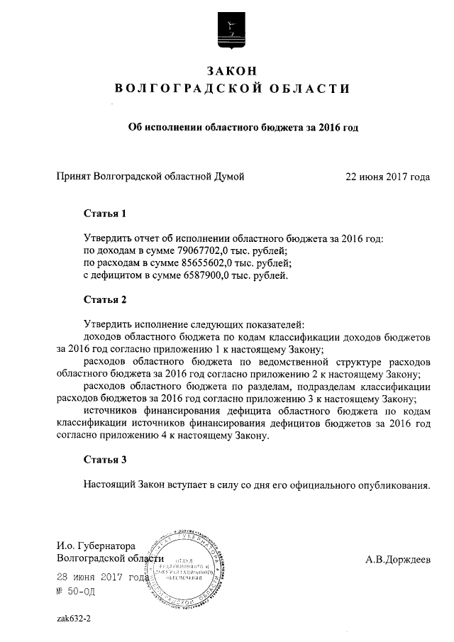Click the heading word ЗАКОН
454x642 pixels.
click(231, 70)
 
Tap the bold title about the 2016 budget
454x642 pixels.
click(242, 128)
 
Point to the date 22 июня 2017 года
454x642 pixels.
click(387, 177)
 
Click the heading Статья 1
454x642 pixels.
click(104, 213)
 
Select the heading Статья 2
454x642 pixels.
click(104, 299)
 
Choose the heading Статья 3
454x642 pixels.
click(104, 460)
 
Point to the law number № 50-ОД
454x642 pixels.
click(74, 590)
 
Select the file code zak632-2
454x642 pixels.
click(74, 618)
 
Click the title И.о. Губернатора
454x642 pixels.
click(95, 546)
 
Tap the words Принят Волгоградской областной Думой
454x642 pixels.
click(150, 177)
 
